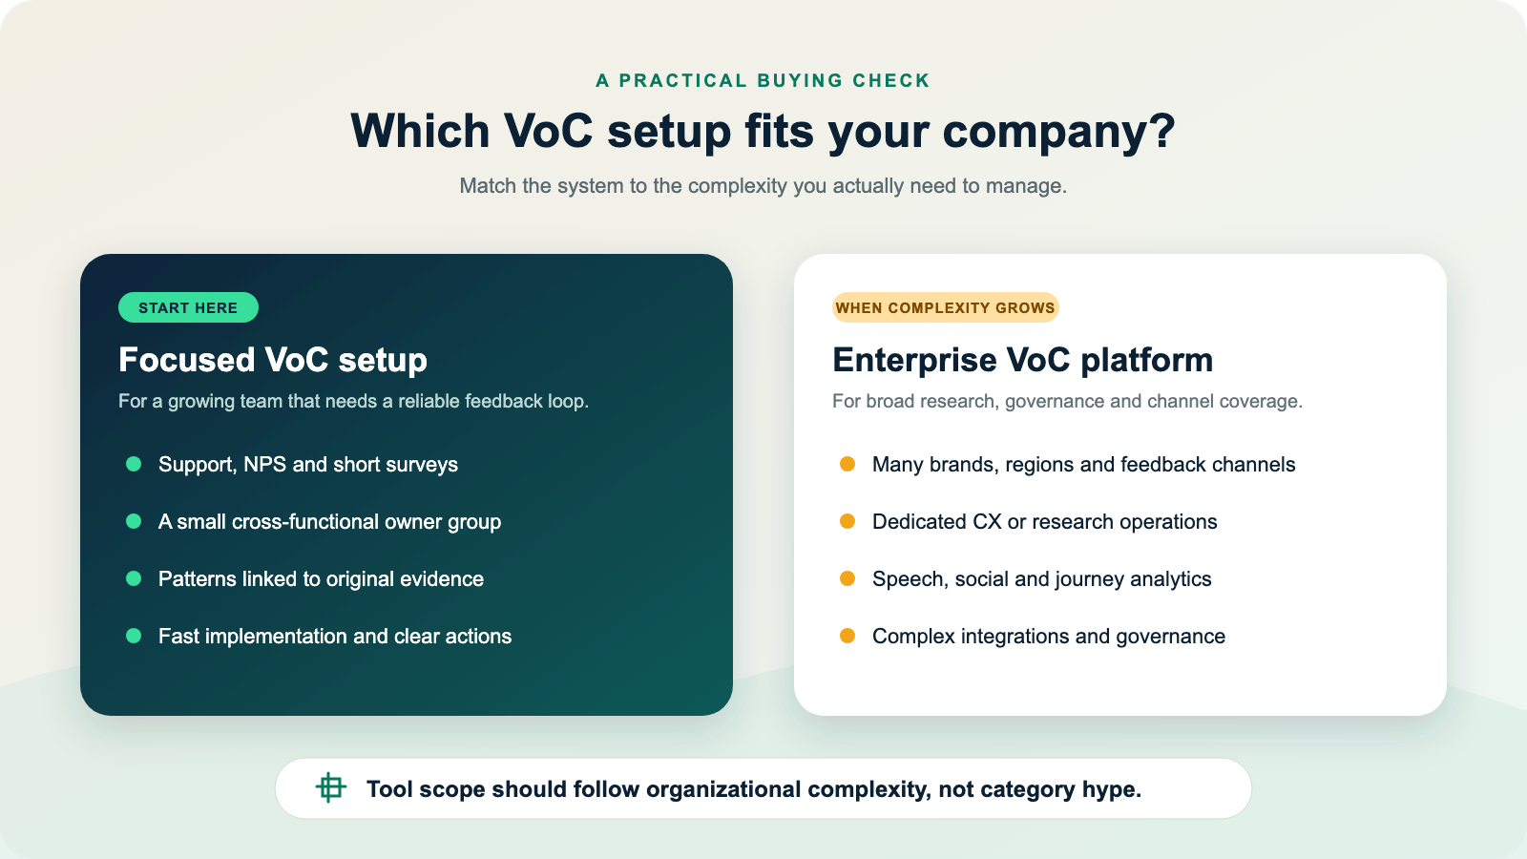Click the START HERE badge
pos(188,307)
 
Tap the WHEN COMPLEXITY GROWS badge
pos(945,307)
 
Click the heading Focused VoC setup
pos(273,360)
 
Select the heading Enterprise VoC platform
pos(1022,360)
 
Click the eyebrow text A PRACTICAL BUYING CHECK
pos(763,80)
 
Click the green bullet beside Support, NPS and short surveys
pos(134,464)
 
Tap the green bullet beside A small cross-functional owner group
pos(134,521)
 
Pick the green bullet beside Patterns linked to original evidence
pos(134,578)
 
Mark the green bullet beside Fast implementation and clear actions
pos(134,636)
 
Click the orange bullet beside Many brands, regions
pos(847,464)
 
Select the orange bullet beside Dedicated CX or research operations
pos(847,521)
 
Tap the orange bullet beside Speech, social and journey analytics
pos(847,578)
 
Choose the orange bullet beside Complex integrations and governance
pos(847,636)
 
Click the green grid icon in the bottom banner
pos(330,788)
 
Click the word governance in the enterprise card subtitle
pos(1055,402)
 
